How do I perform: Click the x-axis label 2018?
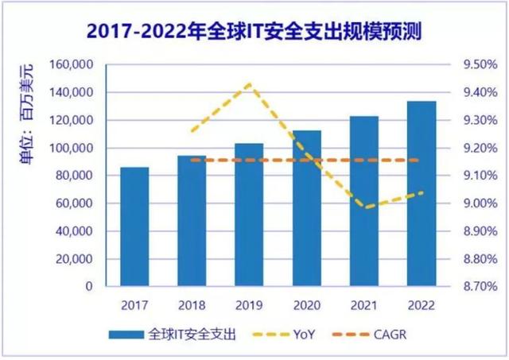point(192,304)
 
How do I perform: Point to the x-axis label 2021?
point(363,304)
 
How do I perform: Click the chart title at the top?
point(254,32)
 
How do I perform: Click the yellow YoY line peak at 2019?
point(249,83)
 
